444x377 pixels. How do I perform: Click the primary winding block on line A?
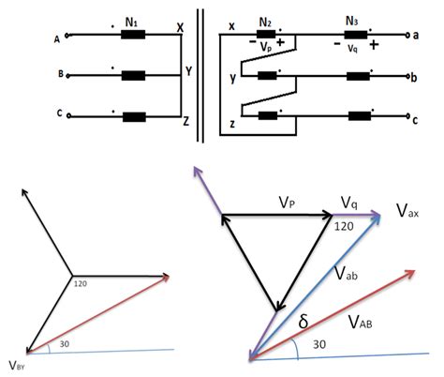133,36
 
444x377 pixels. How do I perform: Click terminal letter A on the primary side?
58,38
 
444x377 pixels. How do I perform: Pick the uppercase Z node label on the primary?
187,121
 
